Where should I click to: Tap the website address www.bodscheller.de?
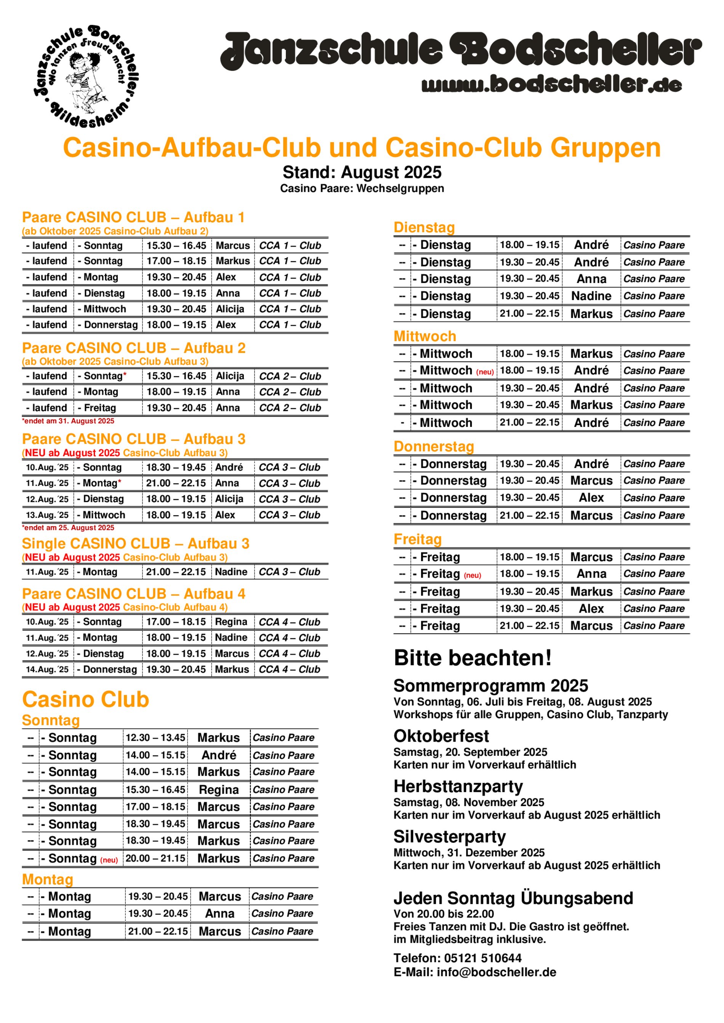click(551, 84)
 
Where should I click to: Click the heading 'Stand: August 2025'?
click(362, 172)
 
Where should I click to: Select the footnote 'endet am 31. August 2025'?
click(68, 421)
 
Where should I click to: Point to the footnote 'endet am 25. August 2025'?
click(68, 528)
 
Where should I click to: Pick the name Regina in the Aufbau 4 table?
click(231, 622)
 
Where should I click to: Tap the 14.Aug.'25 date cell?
click(47, 669)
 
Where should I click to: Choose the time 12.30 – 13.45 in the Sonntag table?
click(155, 737)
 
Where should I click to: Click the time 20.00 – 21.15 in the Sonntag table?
click(155, 858)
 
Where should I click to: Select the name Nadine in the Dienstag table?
click(591, 296)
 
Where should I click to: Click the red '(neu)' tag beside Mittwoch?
click(485, 372)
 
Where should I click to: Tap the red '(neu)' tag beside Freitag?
click(473, 575)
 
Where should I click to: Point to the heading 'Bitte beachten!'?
click(473, 658)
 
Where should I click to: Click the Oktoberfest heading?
click(441, 736)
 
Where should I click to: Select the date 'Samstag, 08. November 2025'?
click(469, 803)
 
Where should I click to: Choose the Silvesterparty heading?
click(449, 837)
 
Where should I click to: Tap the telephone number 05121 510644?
click(483, 958)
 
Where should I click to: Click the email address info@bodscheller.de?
click(496, 972)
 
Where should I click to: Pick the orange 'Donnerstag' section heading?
click(434, 447)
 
